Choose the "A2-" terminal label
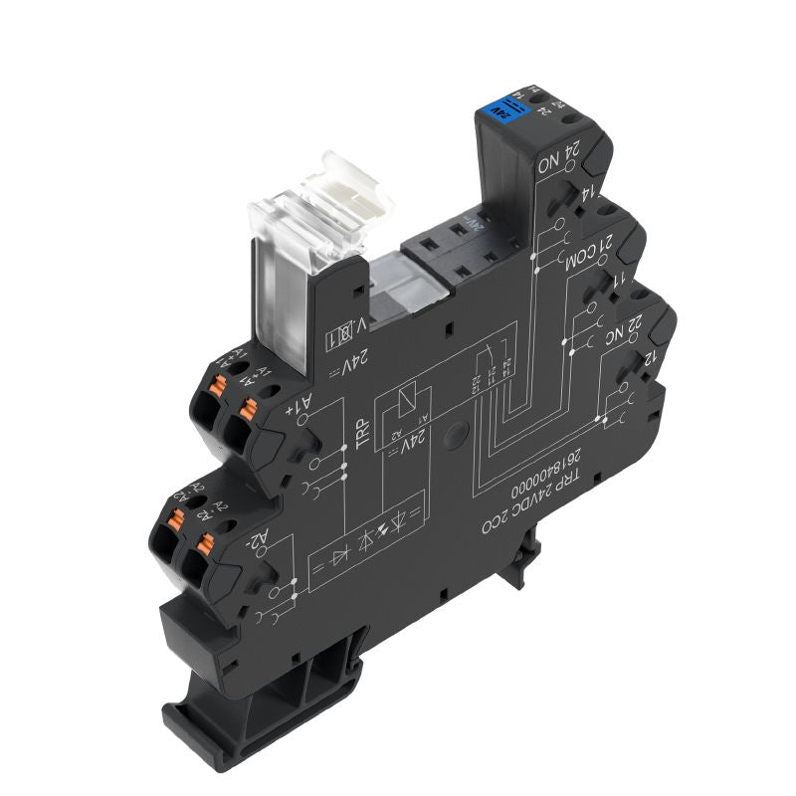(x=256, y=542)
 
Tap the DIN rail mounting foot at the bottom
(x=269, y=687)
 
